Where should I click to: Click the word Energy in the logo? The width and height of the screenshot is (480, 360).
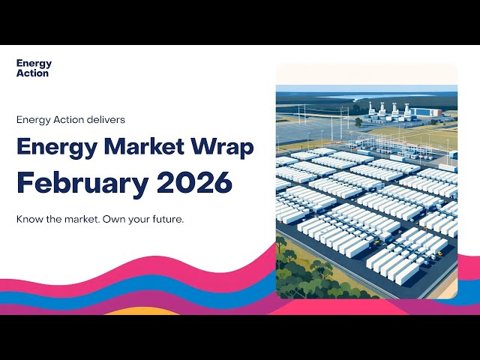click(34, 64)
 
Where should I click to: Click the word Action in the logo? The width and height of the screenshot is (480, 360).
click(32, 73)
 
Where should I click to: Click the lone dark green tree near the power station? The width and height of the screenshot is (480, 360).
click(358, 121)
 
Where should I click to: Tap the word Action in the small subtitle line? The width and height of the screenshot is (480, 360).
click(63, 118)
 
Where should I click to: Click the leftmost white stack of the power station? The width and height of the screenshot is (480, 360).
click(373, 107)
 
